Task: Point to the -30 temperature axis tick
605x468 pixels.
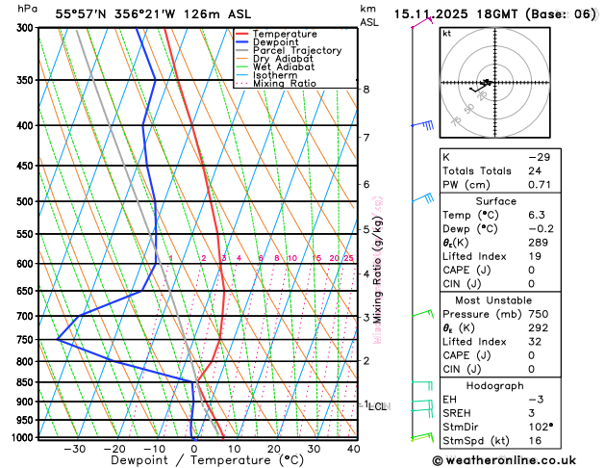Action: [x=74, y=448]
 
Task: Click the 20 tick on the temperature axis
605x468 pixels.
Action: [x=274, y=448]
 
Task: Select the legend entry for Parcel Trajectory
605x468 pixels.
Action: [x=296, y=50]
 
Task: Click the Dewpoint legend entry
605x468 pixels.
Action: [x=276, y=42]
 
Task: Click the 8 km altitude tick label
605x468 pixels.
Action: [x=366, y=90]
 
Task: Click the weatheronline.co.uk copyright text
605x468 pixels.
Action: [x=517, y=460]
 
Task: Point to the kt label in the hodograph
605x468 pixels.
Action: [x=446, y=34]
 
